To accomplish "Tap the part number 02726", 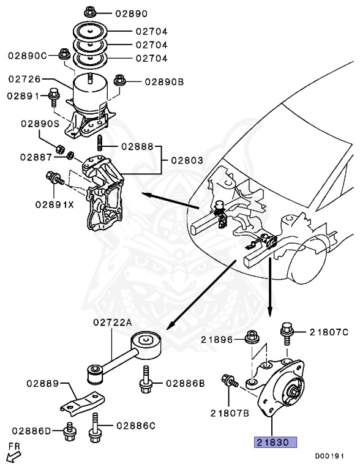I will click(x=25, y=79).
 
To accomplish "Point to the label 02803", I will click(x=187, y=160).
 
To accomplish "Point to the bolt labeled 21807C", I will click(x=286, y=331).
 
